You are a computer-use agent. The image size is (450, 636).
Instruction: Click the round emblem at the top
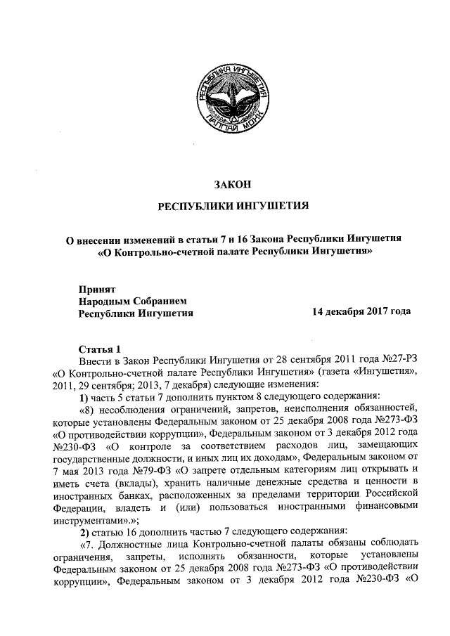(231, 100)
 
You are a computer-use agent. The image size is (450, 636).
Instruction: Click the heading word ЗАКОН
(232, 185)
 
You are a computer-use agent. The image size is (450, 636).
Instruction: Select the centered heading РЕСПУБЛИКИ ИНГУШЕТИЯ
(232, 207)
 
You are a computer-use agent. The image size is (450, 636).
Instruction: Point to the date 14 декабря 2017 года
(361, 311)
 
